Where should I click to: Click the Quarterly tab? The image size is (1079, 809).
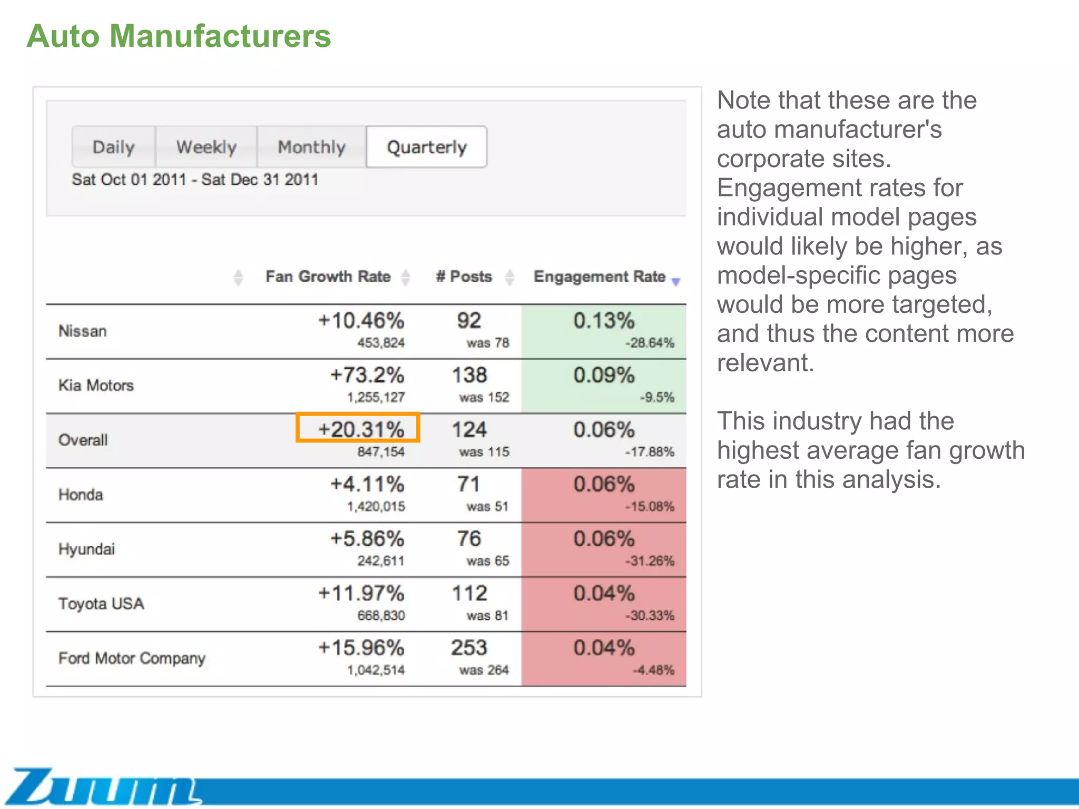426,147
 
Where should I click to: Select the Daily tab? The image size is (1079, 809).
113,147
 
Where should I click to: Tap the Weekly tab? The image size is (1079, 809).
206,147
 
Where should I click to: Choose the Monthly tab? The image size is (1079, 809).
311,147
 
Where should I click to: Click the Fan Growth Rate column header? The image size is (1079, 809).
328,277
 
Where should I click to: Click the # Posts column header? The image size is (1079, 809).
464,277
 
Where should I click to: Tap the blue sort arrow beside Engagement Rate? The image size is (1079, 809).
676,282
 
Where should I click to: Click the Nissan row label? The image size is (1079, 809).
83,331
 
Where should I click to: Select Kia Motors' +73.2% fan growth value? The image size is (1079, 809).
367,376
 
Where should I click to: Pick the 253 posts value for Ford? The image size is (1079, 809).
469,648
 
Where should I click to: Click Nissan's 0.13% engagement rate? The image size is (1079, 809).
603,321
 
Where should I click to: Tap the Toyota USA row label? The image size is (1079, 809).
101,604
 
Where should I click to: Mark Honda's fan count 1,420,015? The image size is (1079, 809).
376,507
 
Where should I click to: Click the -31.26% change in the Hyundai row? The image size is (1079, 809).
649,561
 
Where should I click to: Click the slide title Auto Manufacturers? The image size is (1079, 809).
179,36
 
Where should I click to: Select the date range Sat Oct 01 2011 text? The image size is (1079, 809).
129,180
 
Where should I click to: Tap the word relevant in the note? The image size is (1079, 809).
765,363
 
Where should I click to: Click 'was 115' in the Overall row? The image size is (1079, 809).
484,452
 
